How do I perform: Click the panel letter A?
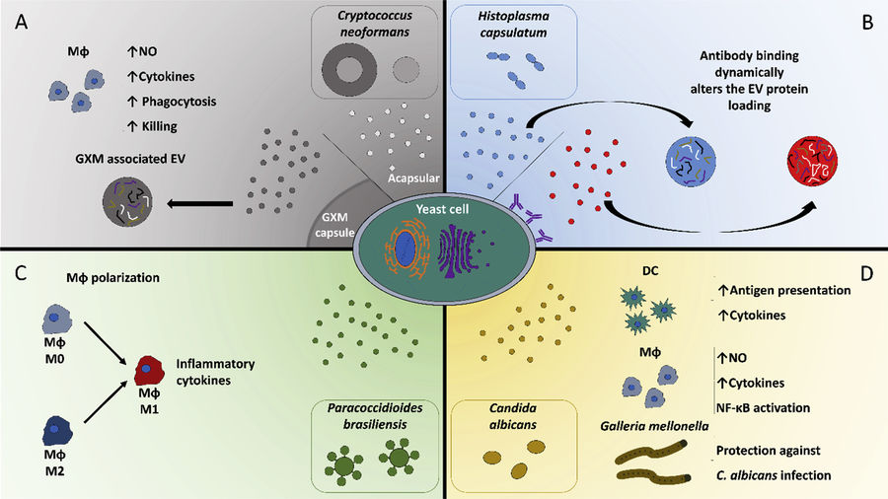pos(20,21)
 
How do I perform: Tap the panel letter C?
pos(20,272)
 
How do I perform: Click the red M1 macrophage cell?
pos(149,372)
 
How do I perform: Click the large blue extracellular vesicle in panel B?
pos(696,163)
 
